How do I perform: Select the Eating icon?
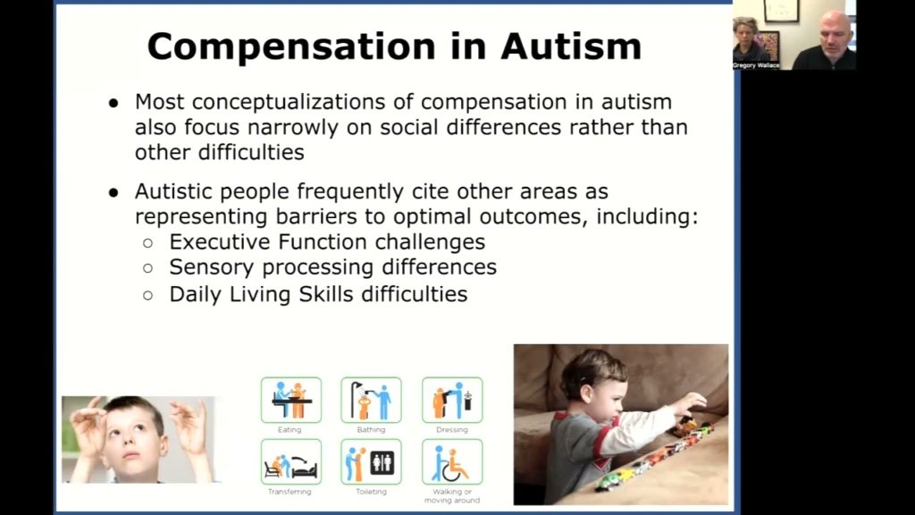(x=290, y=400)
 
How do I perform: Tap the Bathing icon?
(x=371, y=400)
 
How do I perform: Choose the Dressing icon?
(x=452, y=400)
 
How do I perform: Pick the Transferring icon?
(x=290, y=461)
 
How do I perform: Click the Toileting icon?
(x=371, y=461)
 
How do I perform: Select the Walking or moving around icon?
(x=452, y=461)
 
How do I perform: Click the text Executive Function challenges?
(x=327, y=241)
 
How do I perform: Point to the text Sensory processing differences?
(x=332, y=267)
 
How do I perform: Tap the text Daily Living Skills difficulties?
(x=318, y=293)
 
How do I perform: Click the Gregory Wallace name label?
(x=756, y=65)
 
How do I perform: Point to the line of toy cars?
(x=657, y=456)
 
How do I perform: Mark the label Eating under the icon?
(x=290, y=430)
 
